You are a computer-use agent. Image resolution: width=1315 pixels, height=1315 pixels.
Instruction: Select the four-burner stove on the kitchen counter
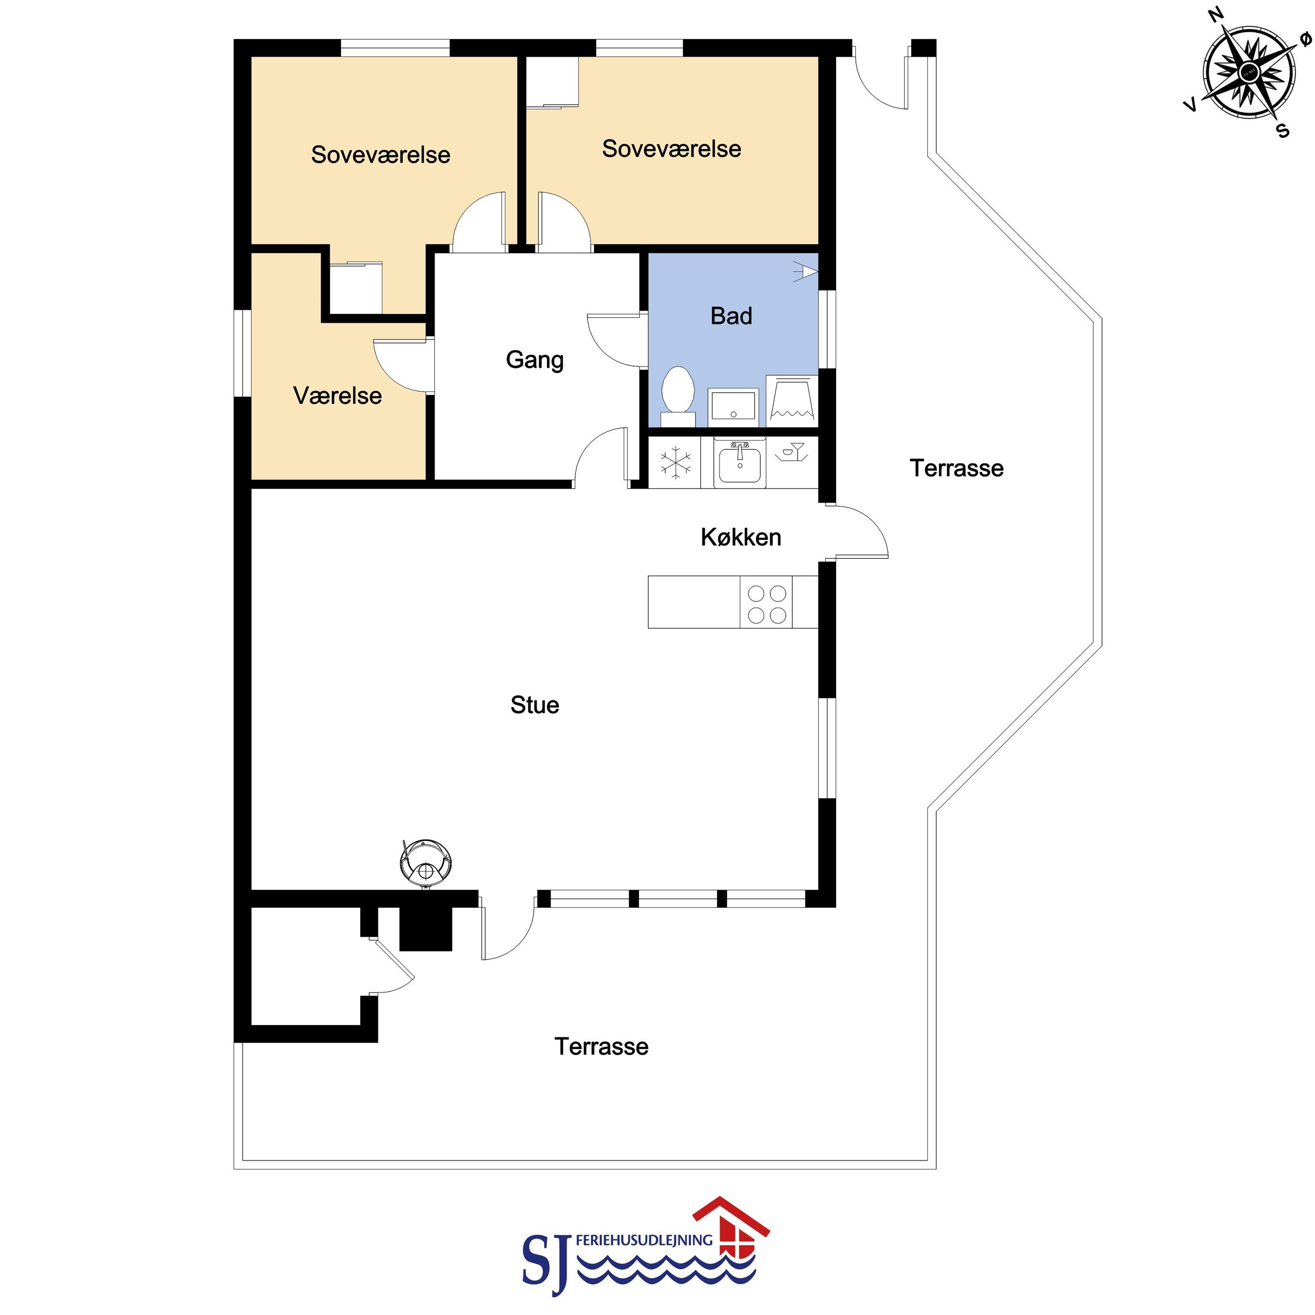click(767, 602)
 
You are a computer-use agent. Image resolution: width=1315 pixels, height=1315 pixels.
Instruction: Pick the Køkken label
click(741, 537)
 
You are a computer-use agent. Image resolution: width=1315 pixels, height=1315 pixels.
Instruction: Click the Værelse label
click(337, 396)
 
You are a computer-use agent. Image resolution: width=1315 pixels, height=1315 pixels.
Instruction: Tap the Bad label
click(732, 316)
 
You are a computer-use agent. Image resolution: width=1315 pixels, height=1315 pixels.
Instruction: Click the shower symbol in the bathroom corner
click(806, 271)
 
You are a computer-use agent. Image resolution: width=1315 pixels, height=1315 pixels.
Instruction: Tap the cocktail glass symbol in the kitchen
click(791, 453)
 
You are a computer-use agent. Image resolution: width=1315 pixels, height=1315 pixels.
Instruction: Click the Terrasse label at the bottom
click(602, 1046)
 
